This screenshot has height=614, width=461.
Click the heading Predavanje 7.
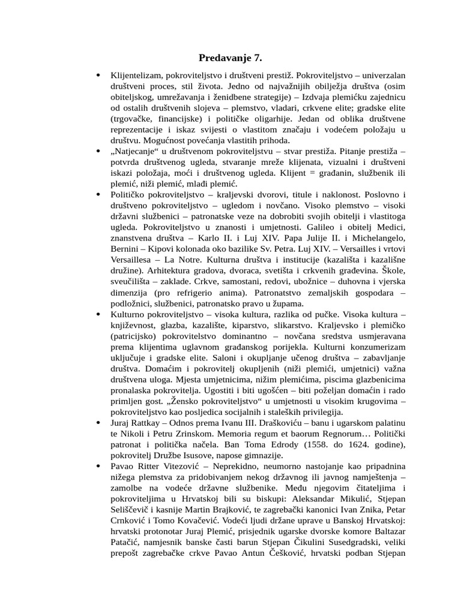(230, 58)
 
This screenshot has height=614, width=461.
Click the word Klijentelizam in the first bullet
(135, 76)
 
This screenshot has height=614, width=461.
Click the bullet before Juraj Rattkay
(98, 423)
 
